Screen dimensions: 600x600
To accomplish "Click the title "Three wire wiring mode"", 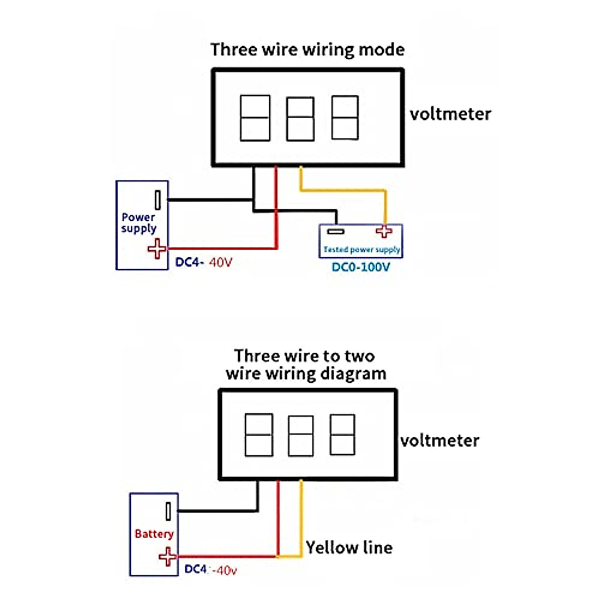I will tap(307, 49).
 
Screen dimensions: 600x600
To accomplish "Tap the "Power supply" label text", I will tap(138, 223).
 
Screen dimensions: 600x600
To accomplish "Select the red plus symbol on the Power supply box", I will tap(157, 248).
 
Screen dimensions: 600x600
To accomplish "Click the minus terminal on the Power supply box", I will tap(157, 200).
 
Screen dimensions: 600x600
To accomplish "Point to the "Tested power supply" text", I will tap(361, 249).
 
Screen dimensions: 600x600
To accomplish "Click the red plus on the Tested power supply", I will tap(384, 231).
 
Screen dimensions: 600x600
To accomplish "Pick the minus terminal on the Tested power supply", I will tap(335, 231).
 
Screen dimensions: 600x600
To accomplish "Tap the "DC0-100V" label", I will tap(360, 267).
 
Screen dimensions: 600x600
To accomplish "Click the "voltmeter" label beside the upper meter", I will tap(450, 114).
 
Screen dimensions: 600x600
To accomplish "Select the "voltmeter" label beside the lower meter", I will tap(439, 440).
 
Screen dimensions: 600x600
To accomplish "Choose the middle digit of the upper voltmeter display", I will tap(300, 118).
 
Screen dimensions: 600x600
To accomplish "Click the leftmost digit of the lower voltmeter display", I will tap(258, 434).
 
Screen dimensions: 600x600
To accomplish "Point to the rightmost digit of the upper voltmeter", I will tap(345, 117).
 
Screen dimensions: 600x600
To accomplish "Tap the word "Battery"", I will tap(154, 534).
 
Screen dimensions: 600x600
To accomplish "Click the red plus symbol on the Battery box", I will tap(167, 556).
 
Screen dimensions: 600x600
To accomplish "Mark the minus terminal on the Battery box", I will tap(168, 511).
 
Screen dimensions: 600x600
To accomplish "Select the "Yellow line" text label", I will tap(349, 547).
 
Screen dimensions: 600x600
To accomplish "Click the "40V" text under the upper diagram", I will tap(220, 262).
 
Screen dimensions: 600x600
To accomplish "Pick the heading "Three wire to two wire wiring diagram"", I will tap(305, 364).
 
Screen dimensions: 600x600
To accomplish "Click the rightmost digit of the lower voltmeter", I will tap(342, 434).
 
